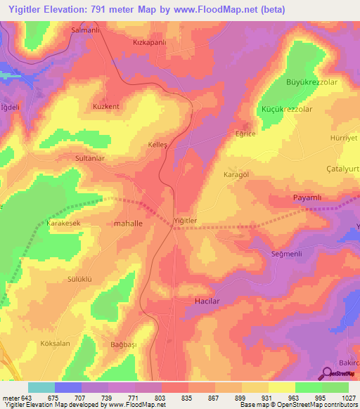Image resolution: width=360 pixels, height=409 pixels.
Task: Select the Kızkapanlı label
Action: [150, 42]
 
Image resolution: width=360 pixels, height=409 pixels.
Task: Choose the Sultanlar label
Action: [90, 159]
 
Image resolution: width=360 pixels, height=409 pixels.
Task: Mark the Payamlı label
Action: [307, 198]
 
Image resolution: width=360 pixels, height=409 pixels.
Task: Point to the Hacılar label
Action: [208, 300]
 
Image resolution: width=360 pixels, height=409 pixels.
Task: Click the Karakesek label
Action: [64, 223]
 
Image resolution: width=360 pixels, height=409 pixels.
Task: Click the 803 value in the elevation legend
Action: [160, 397]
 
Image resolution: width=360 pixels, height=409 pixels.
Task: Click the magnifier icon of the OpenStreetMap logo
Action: [327, 372]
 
